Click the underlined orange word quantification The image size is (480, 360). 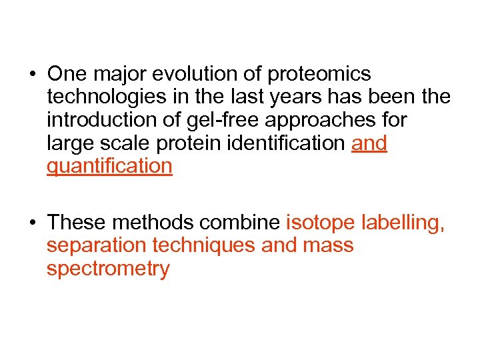coord(110,167)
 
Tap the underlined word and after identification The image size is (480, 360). coord(369,143)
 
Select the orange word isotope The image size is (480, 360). coord(321,223)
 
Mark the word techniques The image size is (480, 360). coord(204,245)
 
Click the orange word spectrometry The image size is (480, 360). coord(108,269)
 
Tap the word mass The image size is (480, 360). coord(327,245)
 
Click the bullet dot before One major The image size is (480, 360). coord(33,74)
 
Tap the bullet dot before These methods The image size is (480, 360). coord(33,223)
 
